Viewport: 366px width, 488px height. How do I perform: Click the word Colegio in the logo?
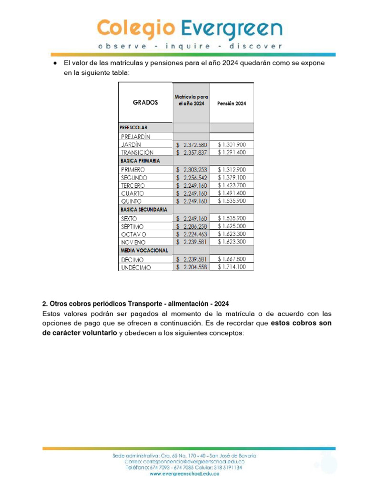135,29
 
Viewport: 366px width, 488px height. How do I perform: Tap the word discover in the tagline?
256,46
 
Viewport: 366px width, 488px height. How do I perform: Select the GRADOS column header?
145,102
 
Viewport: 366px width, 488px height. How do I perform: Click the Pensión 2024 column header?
232,103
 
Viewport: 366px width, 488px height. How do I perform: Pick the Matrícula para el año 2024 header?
191,100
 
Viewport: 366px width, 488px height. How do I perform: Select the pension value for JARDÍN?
232,144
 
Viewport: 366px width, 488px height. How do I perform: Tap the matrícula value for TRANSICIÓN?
192,152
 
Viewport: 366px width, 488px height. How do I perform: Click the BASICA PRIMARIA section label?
140,161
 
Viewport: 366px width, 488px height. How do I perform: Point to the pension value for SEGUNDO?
232,177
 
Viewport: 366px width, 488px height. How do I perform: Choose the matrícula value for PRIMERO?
192,169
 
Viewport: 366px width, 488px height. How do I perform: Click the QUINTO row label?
131,202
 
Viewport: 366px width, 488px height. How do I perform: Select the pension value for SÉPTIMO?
232,226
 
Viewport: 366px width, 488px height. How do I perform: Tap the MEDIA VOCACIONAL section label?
144,250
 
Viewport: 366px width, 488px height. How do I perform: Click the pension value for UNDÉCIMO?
232,267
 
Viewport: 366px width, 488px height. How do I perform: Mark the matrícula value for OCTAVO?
192,234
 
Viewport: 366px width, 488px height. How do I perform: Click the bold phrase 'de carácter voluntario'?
80,333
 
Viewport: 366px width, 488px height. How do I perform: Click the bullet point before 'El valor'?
55,63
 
